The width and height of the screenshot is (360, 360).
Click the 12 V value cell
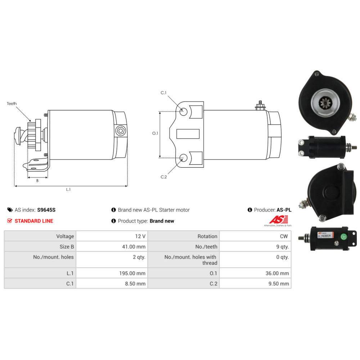[139, 236]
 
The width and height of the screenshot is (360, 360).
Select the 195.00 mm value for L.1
[132, 273]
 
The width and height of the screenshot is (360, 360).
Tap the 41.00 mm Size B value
[134, 247]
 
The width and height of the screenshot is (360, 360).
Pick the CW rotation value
[284, 236]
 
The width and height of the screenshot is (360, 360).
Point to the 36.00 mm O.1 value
[277, 273]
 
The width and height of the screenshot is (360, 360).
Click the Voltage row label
[65, 236]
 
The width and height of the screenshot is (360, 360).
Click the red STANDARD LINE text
[34, 221]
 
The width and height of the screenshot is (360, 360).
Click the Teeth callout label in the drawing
[12, 104]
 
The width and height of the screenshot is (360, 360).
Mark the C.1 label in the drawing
[163, 93]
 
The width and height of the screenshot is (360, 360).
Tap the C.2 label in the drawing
[163, 177]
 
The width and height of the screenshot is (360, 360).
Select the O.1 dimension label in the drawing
[155, 133]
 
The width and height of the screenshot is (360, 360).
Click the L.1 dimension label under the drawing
[68, 190]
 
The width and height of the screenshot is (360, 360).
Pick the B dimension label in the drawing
[37, 181]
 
